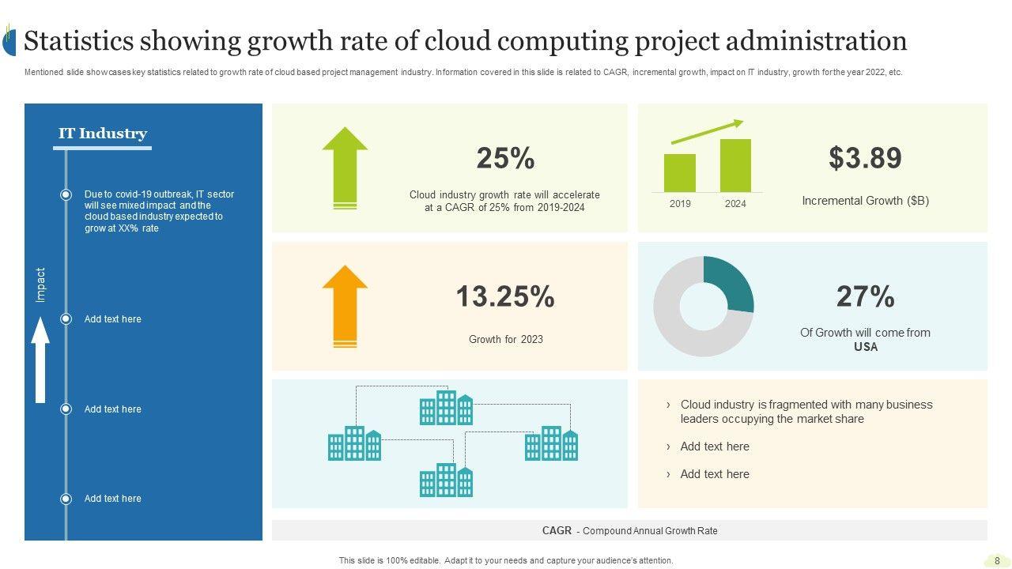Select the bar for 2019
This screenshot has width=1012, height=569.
[680, 173]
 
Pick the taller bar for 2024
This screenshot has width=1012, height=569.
[735, 165]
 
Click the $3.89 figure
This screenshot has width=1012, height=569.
[865, 158]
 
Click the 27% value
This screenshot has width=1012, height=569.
[865, 297]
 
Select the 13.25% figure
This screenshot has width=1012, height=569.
[505, 297]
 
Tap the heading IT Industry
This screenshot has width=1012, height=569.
[103, 134]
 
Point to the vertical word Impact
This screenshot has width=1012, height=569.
[41, 284]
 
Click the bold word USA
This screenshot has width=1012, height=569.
[866, 347]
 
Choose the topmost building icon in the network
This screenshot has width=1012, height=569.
[446, 408]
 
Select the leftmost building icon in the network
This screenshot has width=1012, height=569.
[354, 443]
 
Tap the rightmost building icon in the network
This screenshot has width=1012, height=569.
[551, 443]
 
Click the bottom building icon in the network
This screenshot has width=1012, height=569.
[446, 480]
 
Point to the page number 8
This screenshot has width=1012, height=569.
[997, 561]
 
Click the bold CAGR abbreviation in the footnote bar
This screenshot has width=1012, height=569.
[557, 531]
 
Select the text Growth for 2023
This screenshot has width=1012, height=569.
[506, 340]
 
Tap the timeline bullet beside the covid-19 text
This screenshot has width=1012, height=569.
[66, 194]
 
